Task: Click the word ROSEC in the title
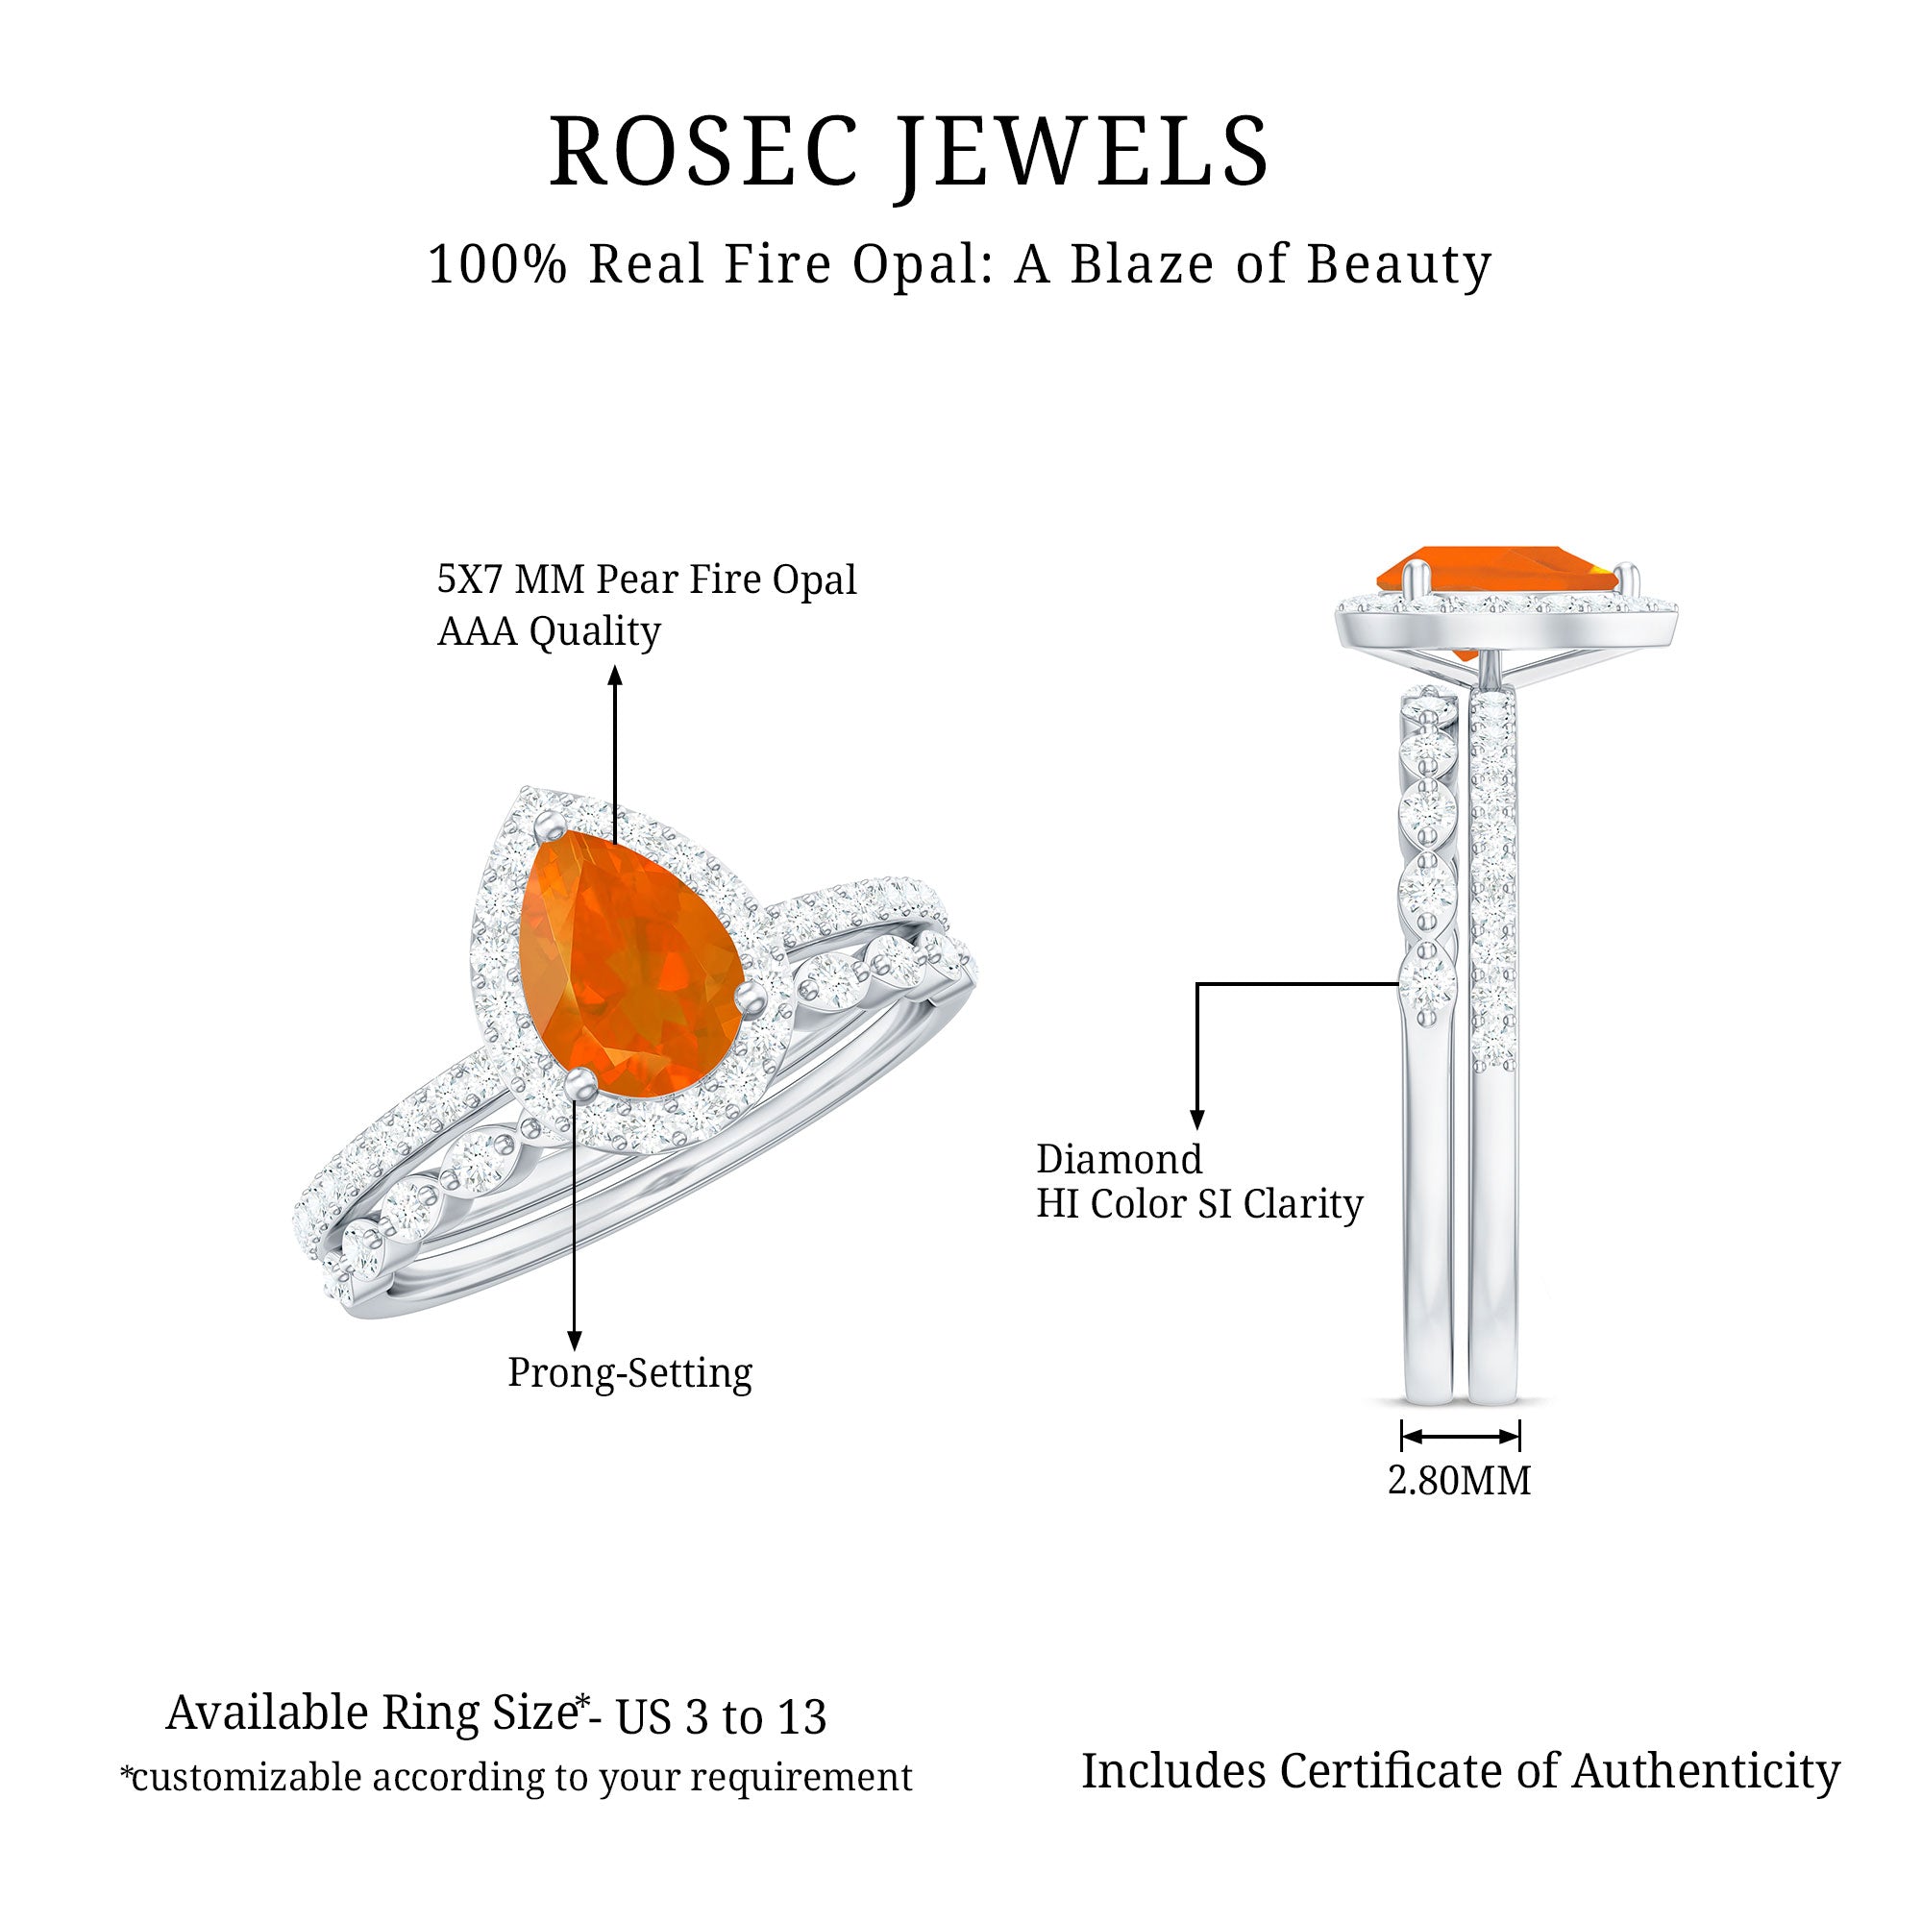[x=703, y=151]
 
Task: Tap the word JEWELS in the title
[x=1084, y=151]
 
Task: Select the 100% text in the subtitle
[x=498, y=264]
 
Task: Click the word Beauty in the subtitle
[x=1398, y=264]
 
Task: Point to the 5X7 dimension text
[x=473, y=579]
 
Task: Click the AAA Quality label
[x=548, y=631]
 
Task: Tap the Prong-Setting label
[x=629, y=1373]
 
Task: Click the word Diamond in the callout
[x=1120, y=1160]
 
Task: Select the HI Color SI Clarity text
[x=1198, y=1204]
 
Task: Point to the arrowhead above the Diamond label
[x=1197, y=1120]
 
